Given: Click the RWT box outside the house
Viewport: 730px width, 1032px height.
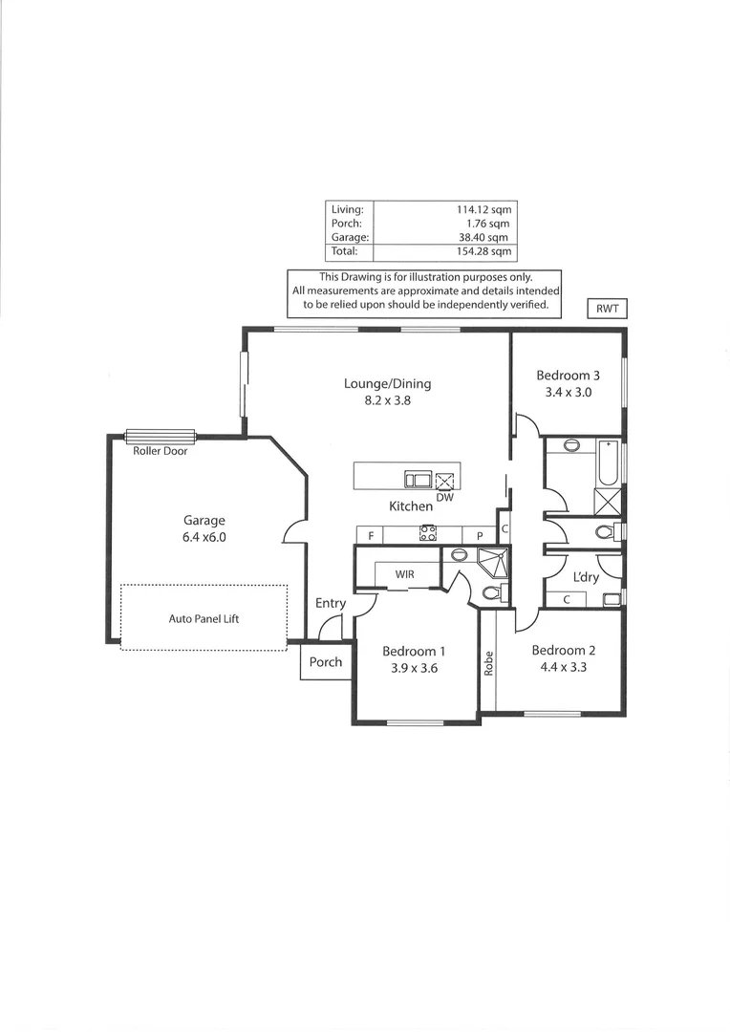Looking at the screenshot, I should [x=607, y=308].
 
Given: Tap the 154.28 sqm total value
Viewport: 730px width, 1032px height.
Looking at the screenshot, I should [x=484, y=252].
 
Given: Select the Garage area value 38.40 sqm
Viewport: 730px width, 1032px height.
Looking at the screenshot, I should [x=486, y=238].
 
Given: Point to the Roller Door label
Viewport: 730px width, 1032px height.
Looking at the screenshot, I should [x=161, y=451].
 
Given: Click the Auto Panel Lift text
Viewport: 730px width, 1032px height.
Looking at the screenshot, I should [x=204, y=618].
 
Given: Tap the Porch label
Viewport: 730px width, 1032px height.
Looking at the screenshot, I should [x=326, y=662].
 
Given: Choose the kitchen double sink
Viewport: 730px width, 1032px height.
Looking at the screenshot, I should [x=418, y=480].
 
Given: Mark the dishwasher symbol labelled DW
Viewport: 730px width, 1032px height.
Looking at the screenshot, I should [x=445, y=482].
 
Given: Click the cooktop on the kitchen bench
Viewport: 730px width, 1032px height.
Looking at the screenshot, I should [x=428, y=534].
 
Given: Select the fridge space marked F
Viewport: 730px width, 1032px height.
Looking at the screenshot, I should [x=371, y=536].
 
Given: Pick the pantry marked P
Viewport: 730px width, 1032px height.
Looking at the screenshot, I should [x=480, y=536].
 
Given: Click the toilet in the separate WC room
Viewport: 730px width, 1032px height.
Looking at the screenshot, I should [x=606, y=532].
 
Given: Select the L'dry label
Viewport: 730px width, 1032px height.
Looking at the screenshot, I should [x=586, y=578].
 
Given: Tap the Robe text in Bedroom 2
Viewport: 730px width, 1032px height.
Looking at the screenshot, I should [x=488, y=663].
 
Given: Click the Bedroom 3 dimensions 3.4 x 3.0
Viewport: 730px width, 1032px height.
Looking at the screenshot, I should [x=569, y=392].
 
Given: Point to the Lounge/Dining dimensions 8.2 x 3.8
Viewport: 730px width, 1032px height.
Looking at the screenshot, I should [x=387, y=401].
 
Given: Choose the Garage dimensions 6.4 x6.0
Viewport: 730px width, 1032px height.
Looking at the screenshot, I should [x=204, y=537].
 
